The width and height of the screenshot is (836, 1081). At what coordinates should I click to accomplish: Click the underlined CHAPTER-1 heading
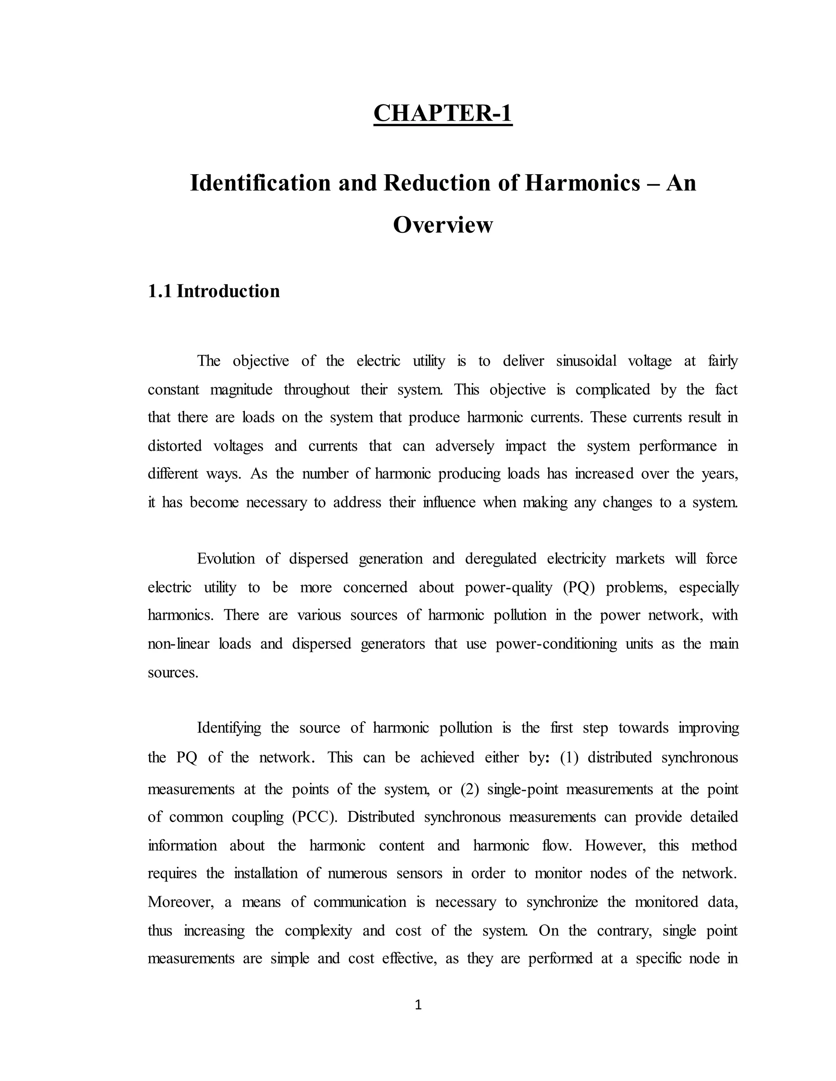tap(442, 113)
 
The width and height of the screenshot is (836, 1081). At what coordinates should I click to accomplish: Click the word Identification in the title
tap(260, 183)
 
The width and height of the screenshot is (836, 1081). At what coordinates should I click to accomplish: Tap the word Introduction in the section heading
tap(228, 291)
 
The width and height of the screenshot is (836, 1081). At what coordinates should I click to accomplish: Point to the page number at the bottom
tap(418, 1004)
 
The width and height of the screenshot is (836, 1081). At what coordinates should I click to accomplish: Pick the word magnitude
tap(241, 390)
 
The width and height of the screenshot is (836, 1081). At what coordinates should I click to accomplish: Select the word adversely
tap(465, 446)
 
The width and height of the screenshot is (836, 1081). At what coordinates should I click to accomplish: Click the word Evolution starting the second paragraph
tap(226, 559)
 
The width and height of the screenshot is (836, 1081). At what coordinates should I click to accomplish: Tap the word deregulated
tap(501, 559)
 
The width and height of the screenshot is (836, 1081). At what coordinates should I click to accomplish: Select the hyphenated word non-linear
tap(178, 644)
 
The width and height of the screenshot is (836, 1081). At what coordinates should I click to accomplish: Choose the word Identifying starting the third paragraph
tap(229, 728)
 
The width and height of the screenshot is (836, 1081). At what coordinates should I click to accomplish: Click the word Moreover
tap(181, 902)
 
